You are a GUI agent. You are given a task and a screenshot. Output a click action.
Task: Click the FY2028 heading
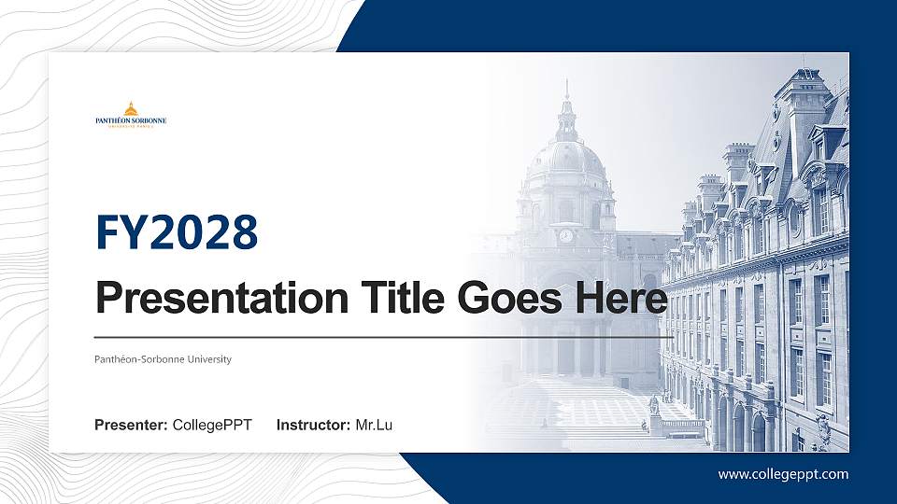coord(177,232)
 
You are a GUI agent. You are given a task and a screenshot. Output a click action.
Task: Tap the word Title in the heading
coord(399,299)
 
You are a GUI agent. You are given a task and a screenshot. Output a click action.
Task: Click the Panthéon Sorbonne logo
coord(131,114)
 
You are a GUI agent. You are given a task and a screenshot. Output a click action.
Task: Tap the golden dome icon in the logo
coord(131,107)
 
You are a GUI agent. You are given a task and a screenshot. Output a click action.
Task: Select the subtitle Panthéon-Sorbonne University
coord(163,359)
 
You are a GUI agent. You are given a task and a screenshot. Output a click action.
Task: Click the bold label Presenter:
coord(131,426)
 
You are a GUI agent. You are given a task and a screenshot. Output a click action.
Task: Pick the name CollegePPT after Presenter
coord(212,426)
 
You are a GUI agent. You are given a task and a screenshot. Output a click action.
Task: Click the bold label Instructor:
coord(314,426)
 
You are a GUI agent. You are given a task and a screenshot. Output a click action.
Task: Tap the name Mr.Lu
coord(374,426)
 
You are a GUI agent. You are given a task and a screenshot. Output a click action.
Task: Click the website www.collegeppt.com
coord(783,474)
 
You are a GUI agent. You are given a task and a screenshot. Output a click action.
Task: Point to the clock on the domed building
coord(565,235)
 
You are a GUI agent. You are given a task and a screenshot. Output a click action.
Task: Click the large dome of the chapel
coord(566,159)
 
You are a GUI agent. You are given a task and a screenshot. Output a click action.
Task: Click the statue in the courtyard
coord(654,407)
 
